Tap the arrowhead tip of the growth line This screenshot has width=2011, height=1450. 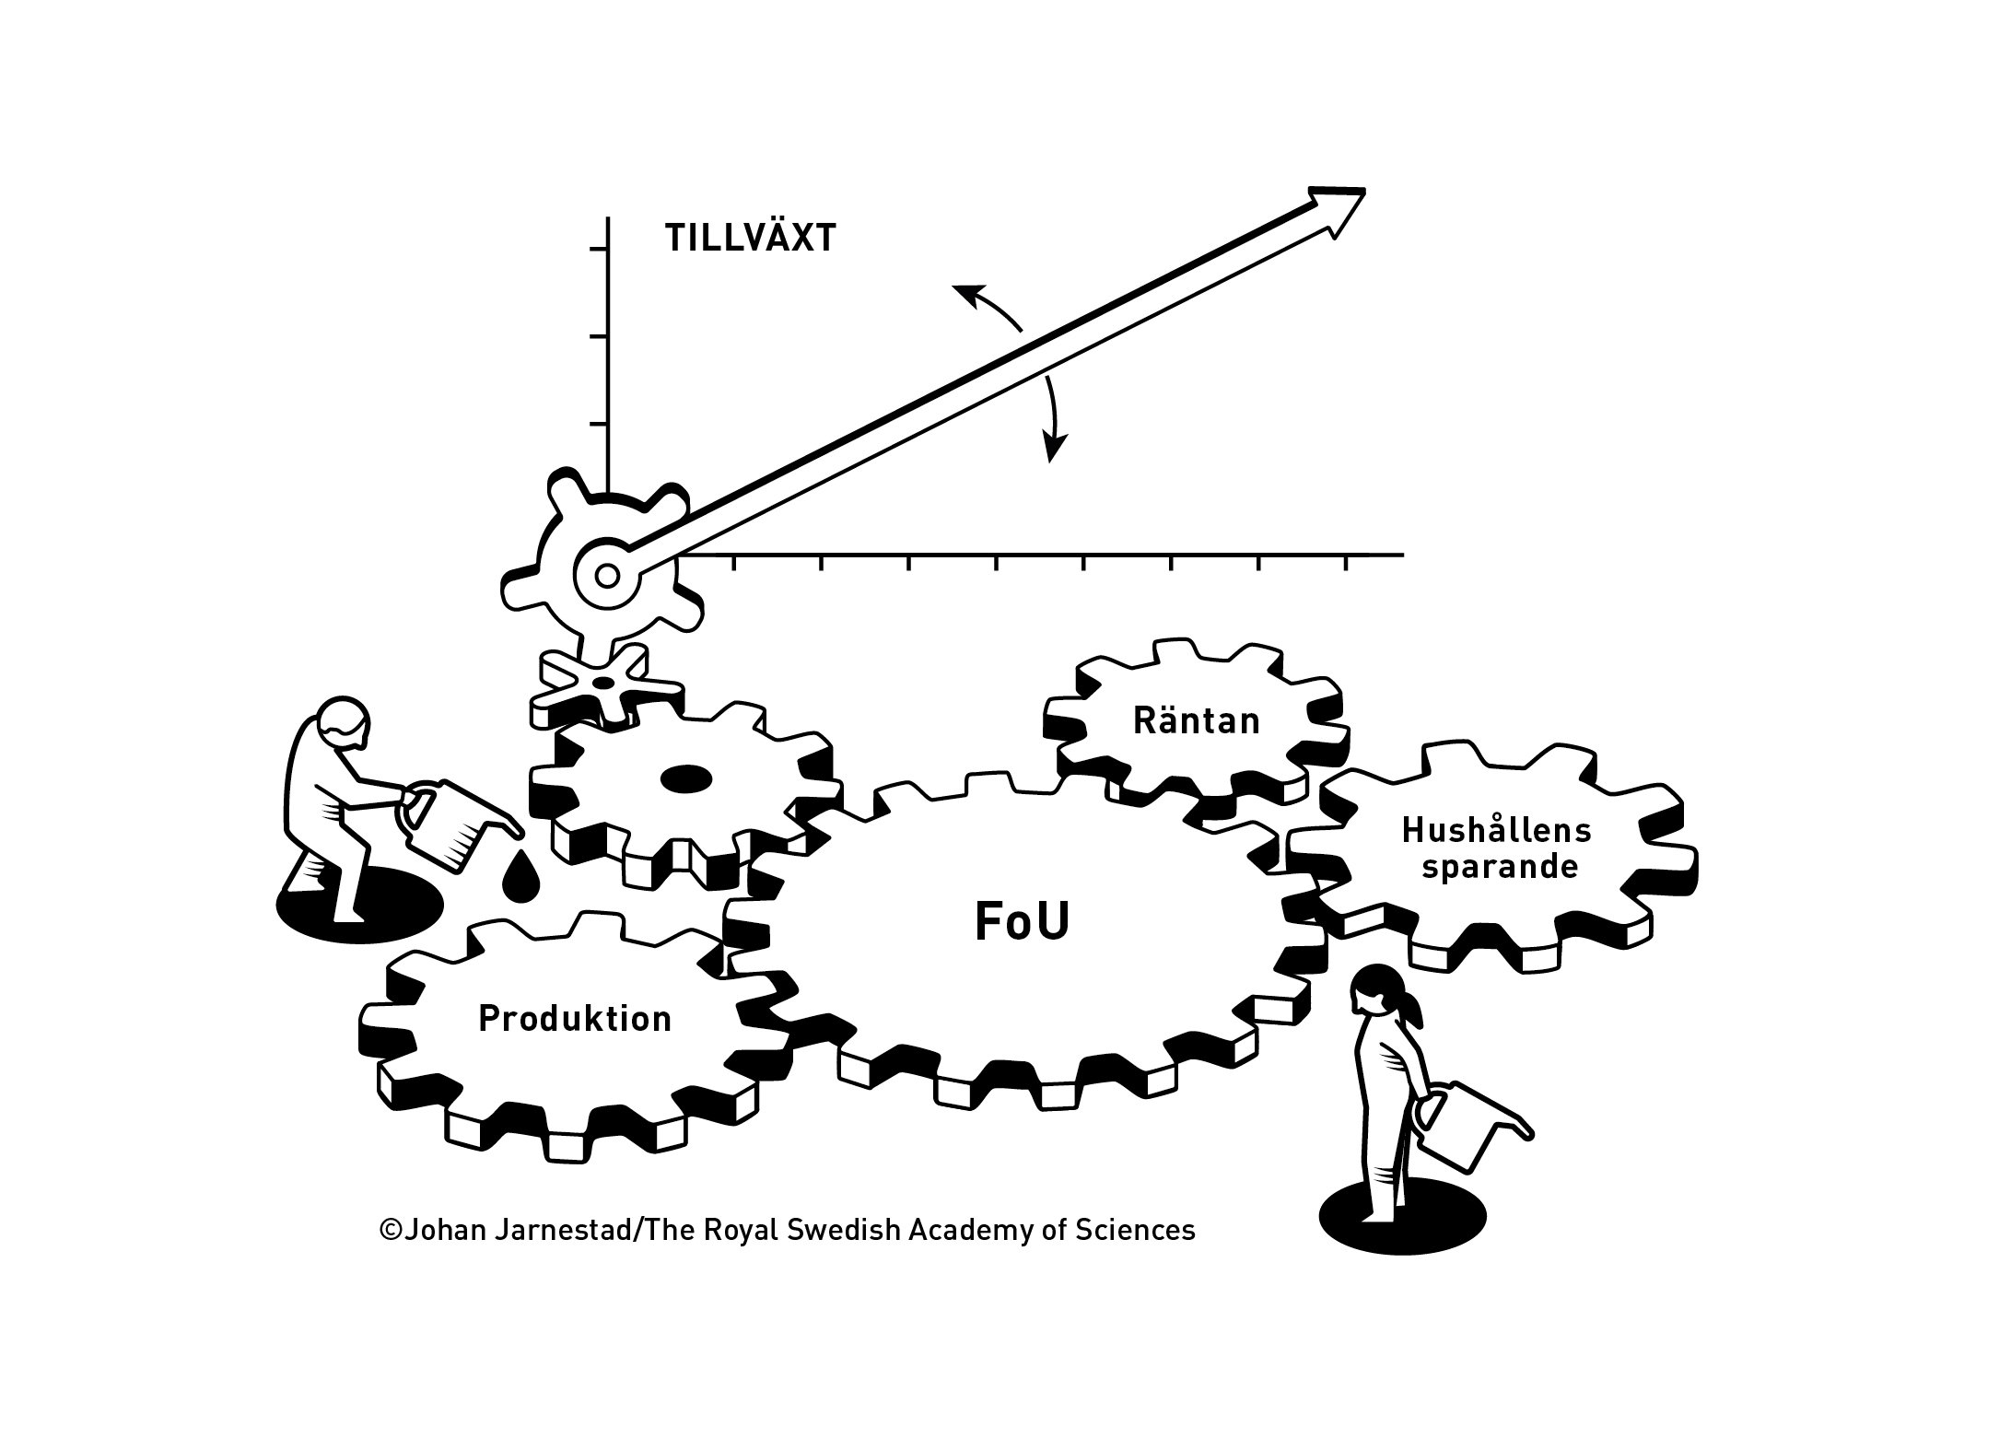pyautogui.click(x=1364, y=190)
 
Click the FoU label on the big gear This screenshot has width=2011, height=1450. pyautogui.click(x=1023, y=923)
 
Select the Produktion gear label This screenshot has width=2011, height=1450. pyautogui.click(x=575, y=1019)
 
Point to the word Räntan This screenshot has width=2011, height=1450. pyautogui.click(x=1196, y=720)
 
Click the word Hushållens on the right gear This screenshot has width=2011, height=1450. pyautogui.click(x=1497, y=830)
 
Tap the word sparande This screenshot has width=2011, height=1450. pyautogui.click(x=1500, y=868)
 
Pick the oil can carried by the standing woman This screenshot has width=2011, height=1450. pyautogui.click(x=1469, y=1123)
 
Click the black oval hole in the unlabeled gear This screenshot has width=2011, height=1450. pyautogui.click(x=686, y=778)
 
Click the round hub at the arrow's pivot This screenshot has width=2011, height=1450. pyautogui.click(x=607, y=576)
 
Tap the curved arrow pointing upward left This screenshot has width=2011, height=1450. pyautogui.click(x=986, y=304)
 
